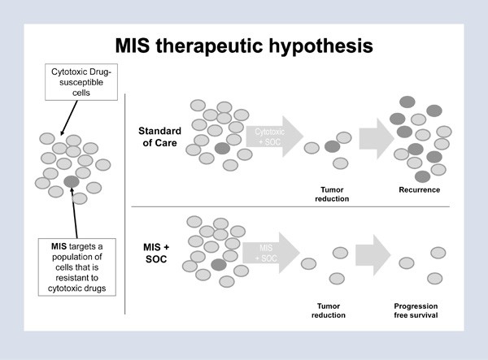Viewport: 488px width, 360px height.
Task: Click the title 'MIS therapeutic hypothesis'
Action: coord(244,46)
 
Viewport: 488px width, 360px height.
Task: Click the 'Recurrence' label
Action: coord(419,190)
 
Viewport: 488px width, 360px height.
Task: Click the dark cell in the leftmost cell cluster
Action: coord(72,180)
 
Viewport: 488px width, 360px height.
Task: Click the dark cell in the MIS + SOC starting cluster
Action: coord(217,265)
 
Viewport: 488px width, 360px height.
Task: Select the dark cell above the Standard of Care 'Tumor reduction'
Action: coord(332,146)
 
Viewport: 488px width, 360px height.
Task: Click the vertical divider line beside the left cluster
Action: coord(126,203)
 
